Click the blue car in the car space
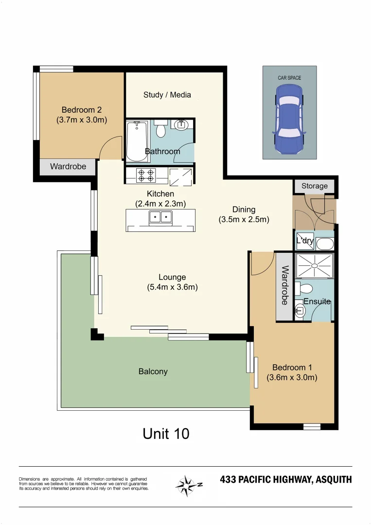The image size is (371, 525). [289, 118]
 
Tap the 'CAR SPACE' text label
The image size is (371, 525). [289, 78]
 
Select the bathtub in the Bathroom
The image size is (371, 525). [136, 140]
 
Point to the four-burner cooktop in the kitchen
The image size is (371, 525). [146, 175]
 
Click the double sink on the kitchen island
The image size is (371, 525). [160, 217]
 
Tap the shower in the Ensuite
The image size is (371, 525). [315, 266]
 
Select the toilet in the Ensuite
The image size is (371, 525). [306, 289]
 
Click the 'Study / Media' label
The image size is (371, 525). [167, 95]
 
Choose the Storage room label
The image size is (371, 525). [315, 186]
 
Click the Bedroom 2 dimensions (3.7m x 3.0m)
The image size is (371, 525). [82, 120]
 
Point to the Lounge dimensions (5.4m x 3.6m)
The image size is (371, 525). [172, 287]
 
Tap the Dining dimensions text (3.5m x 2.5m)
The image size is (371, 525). [244, 219]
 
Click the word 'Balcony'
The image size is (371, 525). [153, 371]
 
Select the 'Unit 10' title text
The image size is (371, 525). [166, 433]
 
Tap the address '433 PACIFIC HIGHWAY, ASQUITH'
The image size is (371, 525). [285, 480]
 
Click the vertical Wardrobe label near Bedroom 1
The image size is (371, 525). [285, 285]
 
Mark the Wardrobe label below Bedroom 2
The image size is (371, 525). [68, 167]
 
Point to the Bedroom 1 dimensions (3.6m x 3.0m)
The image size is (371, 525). [292, 377]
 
